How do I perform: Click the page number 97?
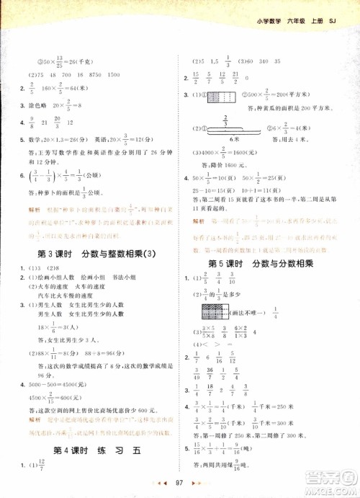coord(181,481)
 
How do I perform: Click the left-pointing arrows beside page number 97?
coord(166,481)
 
